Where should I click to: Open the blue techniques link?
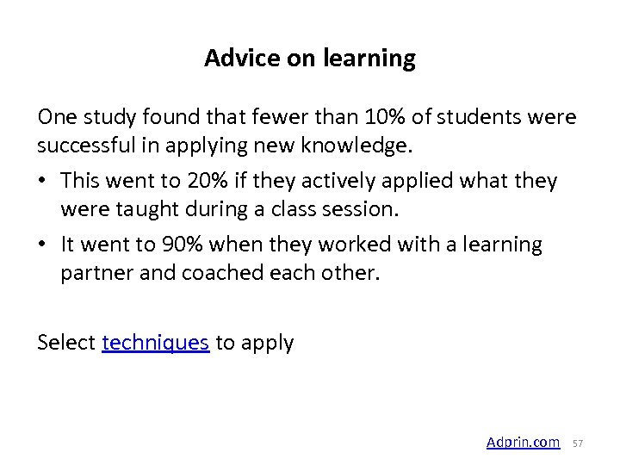[x=155, y=342]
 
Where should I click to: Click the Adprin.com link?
[x=523, y=442]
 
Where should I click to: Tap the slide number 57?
[x=578, y=443]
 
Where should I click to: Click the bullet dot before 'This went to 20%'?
[x=43, y=182]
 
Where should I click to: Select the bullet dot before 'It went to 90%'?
[x=43, y=245]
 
